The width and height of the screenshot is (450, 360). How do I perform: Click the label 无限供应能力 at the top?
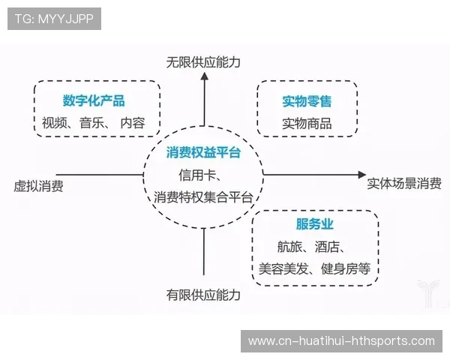click(x=203, y=62)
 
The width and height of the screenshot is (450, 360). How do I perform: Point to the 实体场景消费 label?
click(x=404, y=183)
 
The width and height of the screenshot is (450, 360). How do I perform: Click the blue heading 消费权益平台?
click(x=203, y=153)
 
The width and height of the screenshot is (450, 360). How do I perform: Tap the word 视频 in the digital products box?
click(x=55, y=123)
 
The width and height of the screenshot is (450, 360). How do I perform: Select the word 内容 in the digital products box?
click(x=133, y=123)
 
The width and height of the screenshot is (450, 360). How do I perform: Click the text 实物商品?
click(x=307, y=124)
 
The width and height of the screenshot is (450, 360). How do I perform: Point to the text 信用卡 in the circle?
click(x=196, y=175)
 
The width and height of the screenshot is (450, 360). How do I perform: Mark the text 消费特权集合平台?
click(x=202, y=197)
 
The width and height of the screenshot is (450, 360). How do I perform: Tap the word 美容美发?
click(x=282, y=268)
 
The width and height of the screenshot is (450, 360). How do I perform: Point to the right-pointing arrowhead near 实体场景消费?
click(x=356, y=175)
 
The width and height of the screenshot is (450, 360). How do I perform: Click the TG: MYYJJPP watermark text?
click(x=54, y=19)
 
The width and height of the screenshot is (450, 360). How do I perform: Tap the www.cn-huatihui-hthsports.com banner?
click(x=341, y=341)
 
